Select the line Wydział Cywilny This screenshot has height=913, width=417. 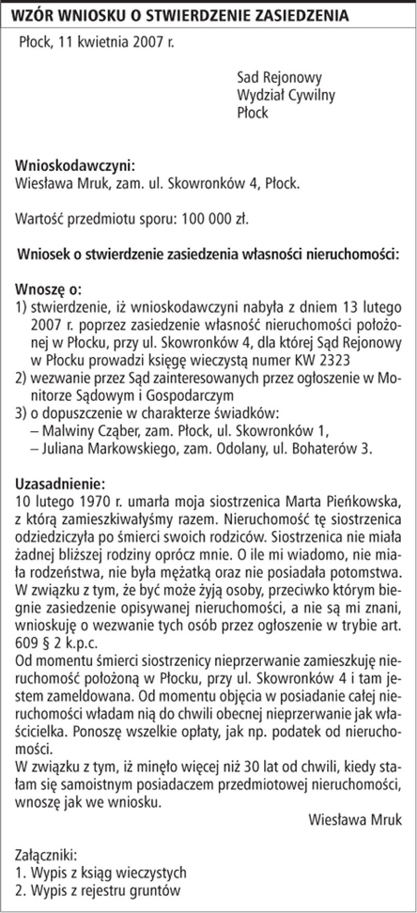click(x=286, y=95)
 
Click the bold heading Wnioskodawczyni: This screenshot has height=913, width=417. click(x=75, y=166)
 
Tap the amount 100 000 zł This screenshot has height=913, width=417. click(x=214, y=219)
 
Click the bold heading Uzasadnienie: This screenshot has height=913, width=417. click(x=60, y=484)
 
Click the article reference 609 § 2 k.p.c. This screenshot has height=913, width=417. click(x=56, y=643)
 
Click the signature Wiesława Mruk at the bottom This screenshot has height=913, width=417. click(x=355, y=819)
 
